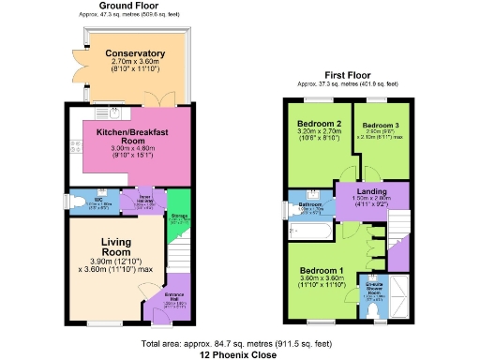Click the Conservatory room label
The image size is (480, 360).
[135, 53]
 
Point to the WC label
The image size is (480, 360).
[98, 199]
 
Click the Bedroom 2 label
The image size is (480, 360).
[319, 124]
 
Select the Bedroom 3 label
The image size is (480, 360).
[382, 125]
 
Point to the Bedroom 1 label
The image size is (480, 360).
[322, 271]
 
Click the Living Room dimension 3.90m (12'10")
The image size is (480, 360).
[113, 261]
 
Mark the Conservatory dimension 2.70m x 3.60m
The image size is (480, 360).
[135, 62]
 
